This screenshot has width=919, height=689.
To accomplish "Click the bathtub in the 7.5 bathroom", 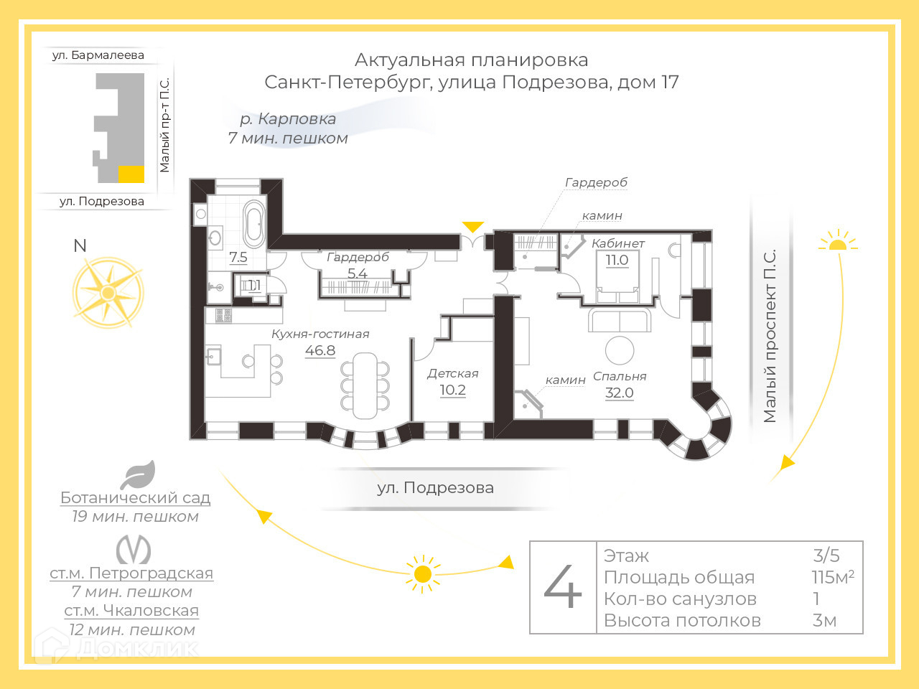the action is pyautogui.click(x=254, y=223).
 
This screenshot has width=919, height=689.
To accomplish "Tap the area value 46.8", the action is pyautogui.click(x=320, y=350).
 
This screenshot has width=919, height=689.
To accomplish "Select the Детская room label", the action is pyautogui.click(x=452, y=373).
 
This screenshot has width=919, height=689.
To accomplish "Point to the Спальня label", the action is pyautogui.click(x=620, y=376).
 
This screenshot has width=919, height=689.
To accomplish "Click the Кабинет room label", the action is pyautogui.click(x=617, y=243).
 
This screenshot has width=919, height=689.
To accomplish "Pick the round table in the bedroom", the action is pyautogui.click(x=620, y=350).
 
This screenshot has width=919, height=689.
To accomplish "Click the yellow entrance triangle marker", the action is pyautogui.click(x=472, y=227).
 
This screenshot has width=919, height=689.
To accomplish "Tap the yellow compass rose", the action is pyautogui.click(x=108, y=293).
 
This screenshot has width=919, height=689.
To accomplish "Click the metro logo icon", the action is pyautogui.click(x=134, y=550).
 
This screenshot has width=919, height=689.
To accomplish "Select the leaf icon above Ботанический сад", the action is pyautogui.click(x=138, y=474).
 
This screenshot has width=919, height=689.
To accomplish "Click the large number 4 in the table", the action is pyautogui.click(x=563, y=587).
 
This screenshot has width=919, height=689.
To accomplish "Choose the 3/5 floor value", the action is pyautogui.click(x=826, y=555).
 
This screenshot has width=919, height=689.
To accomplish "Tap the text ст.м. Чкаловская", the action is pyautogui.click(x=131, y=611).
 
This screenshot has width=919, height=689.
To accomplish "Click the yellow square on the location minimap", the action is pyautogui.click(x=131, y=174).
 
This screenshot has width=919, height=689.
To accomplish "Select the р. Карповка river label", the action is pyautogui.click(x=288, y=119).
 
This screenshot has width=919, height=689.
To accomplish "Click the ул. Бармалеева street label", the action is pyautogui.click(x=98, y=55).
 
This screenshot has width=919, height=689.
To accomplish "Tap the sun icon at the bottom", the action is pyautogui.click(x=423, y=574).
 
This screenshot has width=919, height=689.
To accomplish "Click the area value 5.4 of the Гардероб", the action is pyautogui.click(x=357, y=273).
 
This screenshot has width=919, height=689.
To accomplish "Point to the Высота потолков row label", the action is pyautogui.click(x=682, y=620).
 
